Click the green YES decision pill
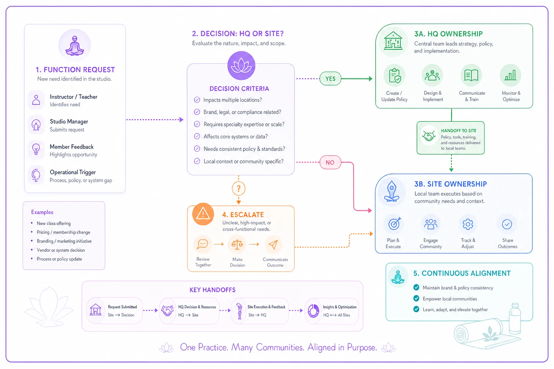tap(330, 79)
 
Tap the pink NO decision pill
tap(330, 163)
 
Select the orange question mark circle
tap(238, 188)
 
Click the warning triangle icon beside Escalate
tap(203, 214)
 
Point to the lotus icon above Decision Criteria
tap(241, 66)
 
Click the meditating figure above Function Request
tap(75, 46)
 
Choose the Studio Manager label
tap(69, 121)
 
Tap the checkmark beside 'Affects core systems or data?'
tap(197, 137)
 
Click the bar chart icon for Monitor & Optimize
tap(510, 75)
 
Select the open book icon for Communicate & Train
tap(471, 75)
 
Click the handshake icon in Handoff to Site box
tap(429, 136)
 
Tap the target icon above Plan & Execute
tap(394, 224)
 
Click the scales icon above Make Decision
tap(237, 244)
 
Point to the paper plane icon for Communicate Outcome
tap(273, 244)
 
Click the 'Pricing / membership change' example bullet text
tap(63, 232)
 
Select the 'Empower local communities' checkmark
tap(416, 299)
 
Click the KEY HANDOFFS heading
tap(212, 290)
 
